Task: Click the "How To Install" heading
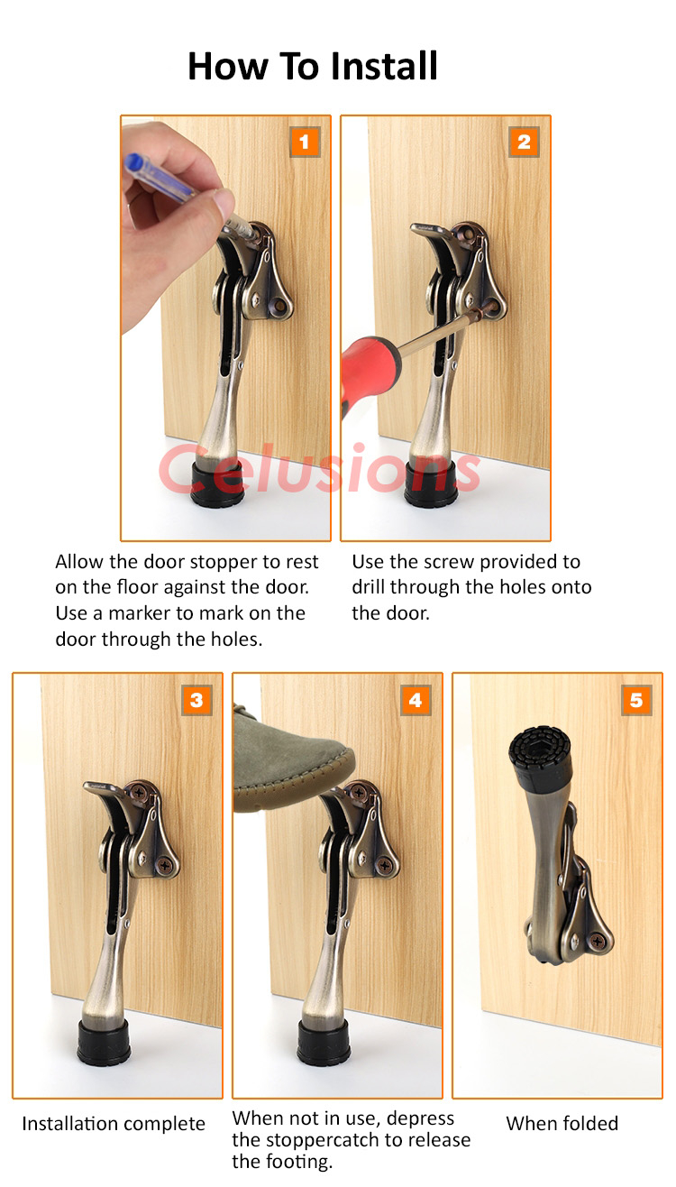(x=313, y=67)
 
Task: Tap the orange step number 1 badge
(x=305, y=141)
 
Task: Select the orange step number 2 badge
(x=524, y=141)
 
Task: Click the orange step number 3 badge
(x=196, y=699)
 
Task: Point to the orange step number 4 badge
(x=416, y=699)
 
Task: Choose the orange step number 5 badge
(x=636, y=699)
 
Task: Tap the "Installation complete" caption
(x=114, y=1124)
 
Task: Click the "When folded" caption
(x=562, y=1123)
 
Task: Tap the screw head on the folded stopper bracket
(x=599, y=941)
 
